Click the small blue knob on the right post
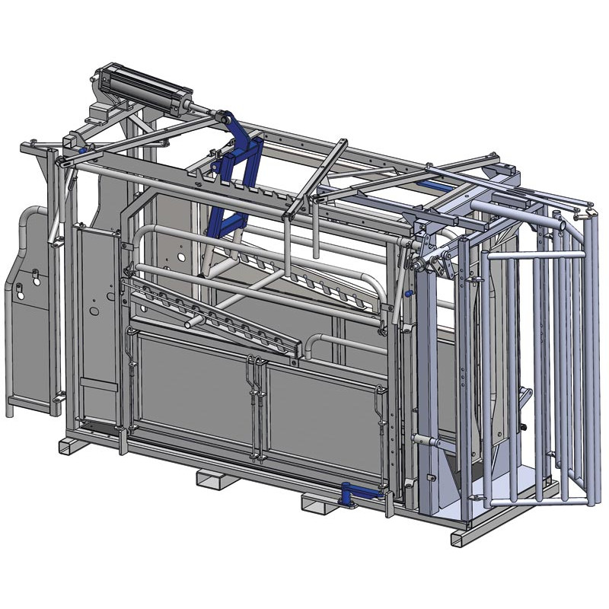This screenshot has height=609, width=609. (409, 294)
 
